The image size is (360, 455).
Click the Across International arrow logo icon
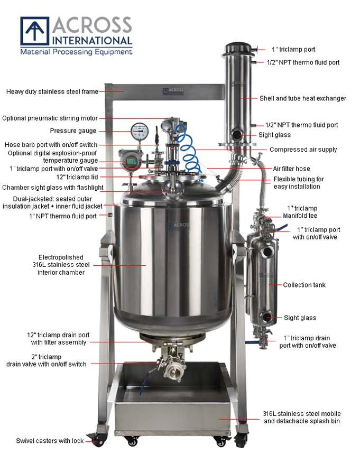pos(34,31)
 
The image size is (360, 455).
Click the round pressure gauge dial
pos(139,130)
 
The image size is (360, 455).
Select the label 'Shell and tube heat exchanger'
pos(302,98)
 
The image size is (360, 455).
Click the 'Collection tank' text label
pos(304,285)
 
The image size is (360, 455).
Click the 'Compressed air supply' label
pos(303,150)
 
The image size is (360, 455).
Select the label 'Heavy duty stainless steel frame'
pos(52,91)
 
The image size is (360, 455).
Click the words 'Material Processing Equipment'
pos(76,52)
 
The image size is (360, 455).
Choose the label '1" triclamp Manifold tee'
pos(302,212)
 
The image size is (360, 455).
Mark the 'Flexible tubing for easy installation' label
pos(298,183)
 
